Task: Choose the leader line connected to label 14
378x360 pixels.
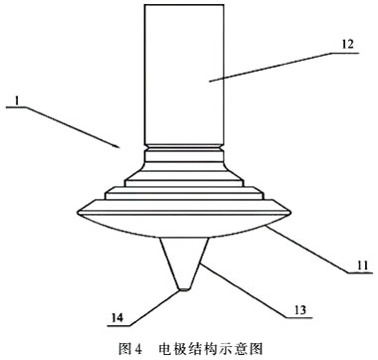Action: pyautogui.click(x=149, y=304)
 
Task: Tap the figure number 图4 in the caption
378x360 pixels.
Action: pyautogui.click(x=130, y=348)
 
